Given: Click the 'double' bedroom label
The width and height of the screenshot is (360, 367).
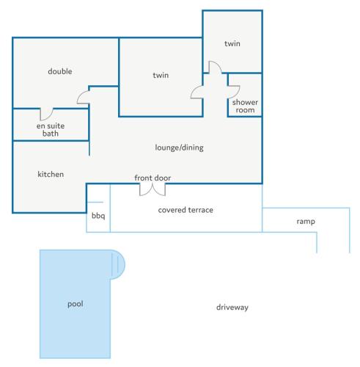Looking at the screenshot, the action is [60, 71].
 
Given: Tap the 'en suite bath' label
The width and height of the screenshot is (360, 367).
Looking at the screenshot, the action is [51, 130].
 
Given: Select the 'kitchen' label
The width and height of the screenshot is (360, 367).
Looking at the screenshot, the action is [51, 174].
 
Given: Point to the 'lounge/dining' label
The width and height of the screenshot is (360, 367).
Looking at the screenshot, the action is [179, 148].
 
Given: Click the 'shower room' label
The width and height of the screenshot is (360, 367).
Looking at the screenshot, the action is [245, 106].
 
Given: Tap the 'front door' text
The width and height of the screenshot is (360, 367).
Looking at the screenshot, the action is [153, 178].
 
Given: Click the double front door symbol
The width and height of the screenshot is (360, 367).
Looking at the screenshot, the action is [153, 190].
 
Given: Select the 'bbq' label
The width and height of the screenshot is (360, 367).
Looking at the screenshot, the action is [98, 216].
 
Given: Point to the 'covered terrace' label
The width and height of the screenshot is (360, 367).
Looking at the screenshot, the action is [185, 210].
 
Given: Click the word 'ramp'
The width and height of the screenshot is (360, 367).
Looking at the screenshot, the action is [306, 222].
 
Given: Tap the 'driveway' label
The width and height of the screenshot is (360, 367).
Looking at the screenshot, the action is [232, 308].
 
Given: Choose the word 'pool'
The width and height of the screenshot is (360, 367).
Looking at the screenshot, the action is [76, 304].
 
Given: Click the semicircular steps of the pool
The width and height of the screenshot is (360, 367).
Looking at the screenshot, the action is [118, 265].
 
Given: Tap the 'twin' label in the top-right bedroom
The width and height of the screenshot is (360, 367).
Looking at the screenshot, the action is [232, 43].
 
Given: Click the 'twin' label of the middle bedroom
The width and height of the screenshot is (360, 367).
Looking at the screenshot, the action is [161, 75].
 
